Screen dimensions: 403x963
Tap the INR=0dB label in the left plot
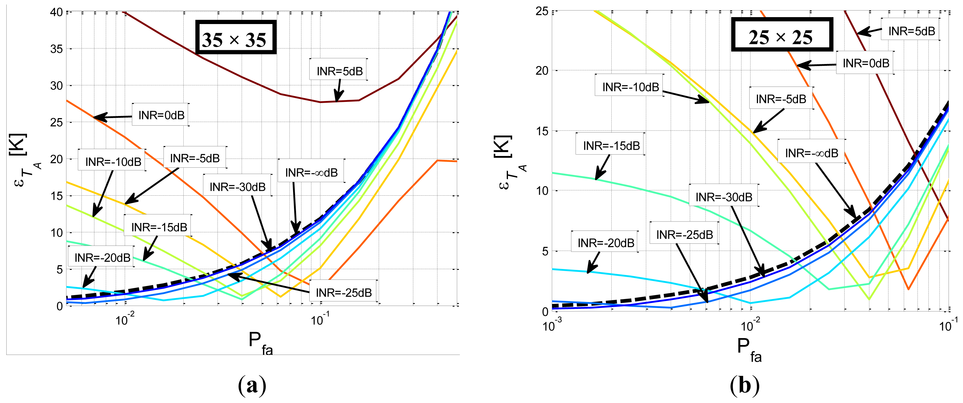tap(161, 115)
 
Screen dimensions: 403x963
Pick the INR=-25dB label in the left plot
tap(344, 292)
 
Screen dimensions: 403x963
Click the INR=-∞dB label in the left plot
tap(311, 172)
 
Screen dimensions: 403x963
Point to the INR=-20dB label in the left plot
tap(102, 257)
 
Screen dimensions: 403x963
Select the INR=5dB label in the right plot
tap(911, 31)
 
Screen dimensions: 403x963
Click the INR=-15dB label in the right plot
tap(611, 145)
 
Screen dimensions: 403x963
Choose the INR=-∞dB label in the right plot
tap(811, 153)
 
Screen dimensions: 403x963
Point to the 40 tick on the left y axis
tap(57, 12)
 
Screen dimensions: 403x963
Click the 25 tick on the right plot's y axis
tap(542, 11)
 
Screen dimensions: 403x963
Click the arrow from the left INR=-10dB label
tap(103, 193)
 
